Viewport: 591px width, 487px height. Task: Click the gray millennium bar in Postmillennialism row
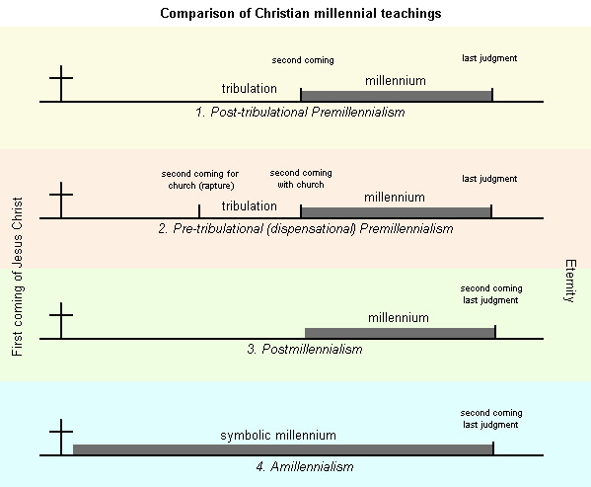coord(400,333)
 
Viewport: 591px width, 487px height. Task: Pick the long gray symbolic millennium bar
coord(282,449)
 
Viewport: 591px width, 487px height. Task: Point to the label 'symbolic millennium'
coord(278,435)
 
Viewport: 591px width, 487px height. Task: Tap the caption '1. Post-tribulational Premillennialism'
coord(300,113)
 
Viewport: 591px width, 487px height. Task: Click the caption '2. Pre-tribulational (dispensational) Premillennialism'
coord(305,229)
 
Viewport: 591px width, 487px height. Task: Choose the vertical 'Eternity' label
coord(569,281)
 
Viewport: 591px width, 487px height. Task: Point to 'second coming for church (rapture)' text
coord(200,179)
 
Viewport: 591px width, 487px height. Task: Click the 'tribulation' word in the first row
coord(249,89)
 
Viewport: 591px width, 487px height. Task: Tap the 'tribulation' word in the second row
coord(249,206)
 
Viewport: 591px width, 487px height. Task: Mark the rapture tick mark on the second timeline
coord(199,211)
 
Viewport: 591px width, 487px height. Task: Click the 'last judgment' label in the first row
coord(489,58)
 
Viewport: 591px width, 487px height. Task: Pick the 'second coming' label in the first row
coord(303,60)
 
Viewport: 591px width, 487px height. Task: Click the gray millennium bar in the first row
coord(396,95)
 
